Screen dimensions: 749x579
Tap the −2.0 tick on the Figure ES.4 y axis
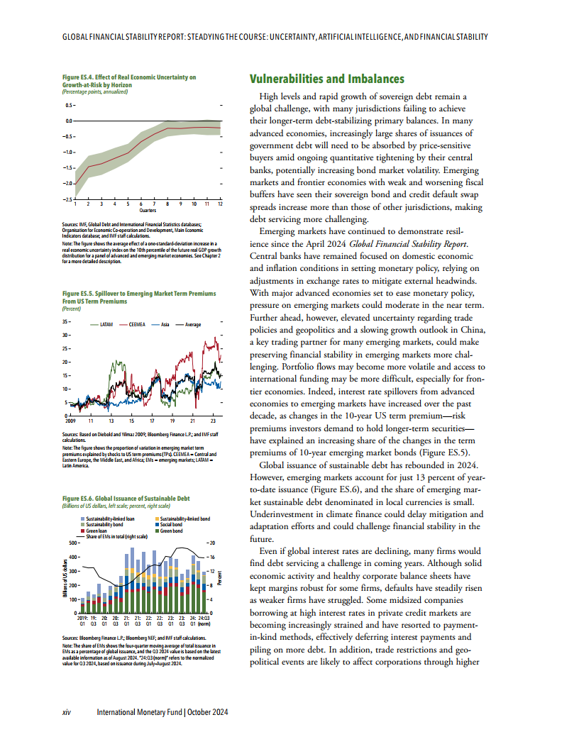point(68,184)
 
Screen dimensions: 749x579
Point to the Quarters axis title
point(148,211)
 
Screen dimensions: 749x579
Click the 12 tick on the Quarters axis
point(221,204)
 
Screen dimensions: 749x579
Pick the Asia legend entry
point(165,324)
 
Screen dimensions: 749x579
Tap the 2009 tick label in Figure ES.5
point(70,421)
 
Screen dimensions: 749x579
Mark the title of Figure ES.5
point(139,297)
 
